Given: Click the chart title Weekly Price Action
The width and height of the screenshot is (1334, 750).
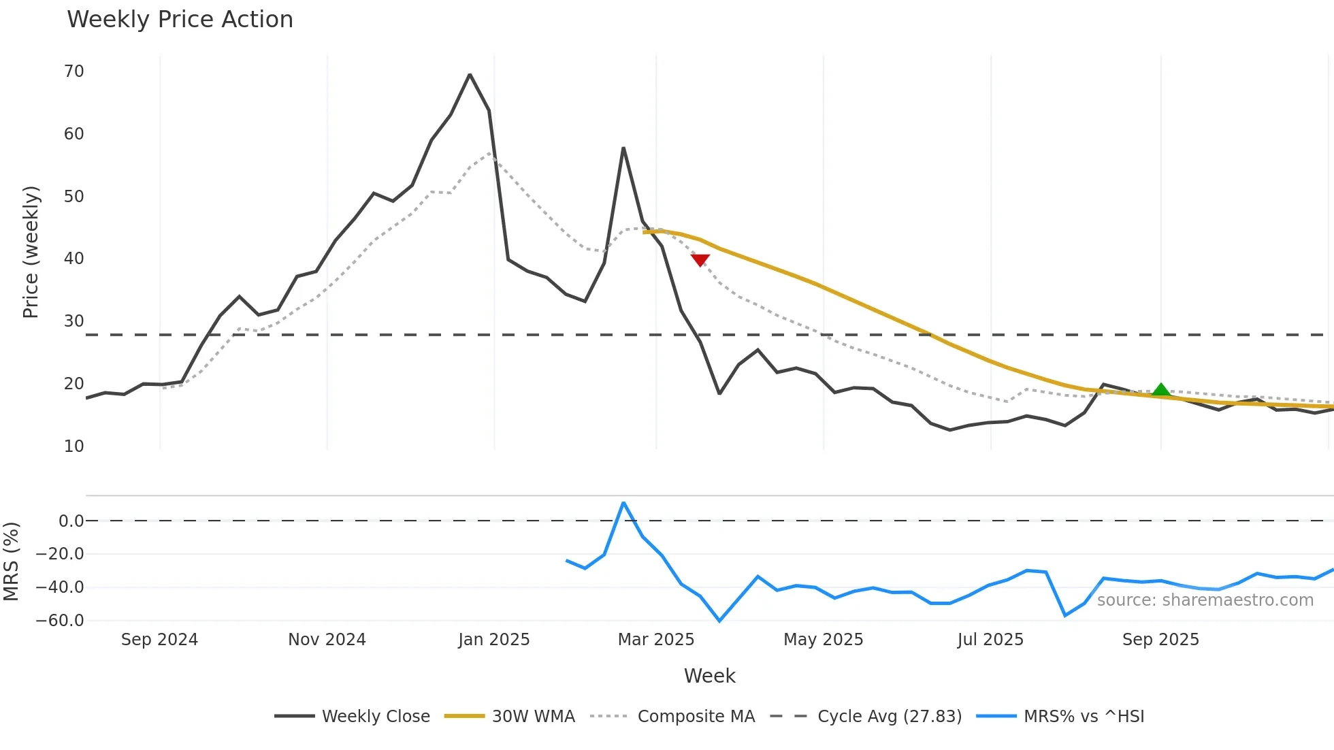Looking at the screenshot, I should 180,20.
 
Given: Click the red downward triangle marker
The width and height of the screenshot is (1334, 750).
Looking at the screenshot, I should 700,260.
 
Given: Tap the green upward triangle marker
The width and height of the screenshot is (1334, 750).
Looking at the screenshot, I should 1161,390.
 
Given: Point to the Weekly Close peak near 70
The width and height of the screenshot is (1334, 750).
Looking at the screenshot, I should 470,75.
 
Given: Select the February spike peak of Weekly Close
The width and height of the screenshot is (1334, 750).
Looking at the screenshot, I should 623,148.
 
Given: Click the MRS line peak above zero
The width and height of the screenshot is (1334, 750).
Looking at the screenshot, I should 623,503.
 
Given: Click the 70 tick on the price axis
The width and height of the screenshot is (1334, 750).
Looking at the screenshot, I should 74,71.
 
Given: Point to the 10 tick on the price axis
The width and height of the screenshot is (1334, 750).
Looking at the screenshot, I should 74,446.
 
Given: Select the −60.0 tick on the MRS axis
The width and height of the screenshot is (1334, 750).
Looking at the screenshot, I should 60,621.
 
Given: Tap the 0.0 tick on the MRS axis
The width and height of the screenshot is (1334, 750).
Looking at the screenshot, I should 71,521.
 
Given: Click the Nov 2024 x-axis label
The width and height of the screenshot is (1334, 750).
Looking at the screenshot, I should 327,640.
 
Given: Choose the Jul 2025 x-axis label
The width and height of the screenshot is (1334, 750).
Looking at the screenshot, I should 990,640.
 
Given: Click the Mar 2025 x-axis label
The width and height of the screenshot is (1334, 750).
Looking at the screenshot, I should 656,640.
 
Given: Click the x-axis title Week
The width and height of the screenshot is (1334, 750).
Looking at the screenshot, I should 709,676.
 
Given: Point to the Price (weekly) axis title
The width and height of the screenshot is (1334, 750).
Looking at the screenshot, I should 31,252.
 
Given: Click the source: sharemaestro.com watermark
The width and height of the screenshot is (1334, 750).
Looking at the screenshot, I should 1205,600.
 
